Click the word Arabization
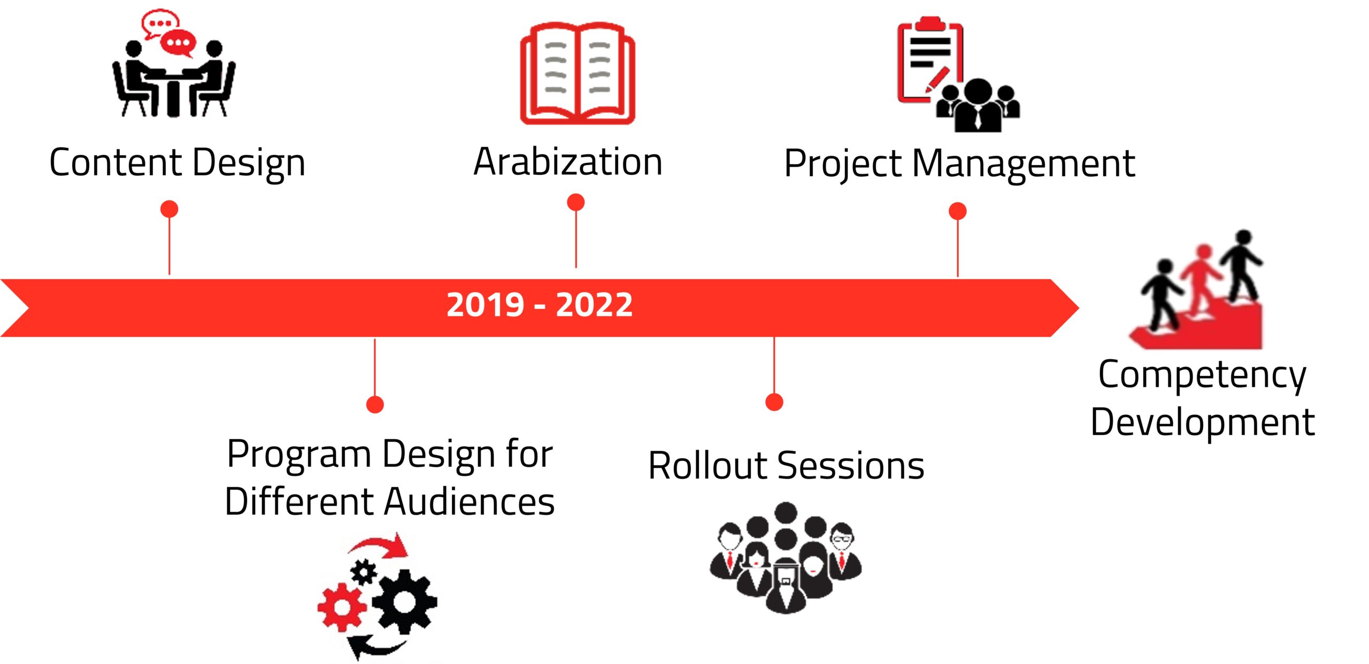pos(568,161)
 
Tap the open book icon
pos(578,74)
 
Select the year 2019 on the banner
pos(485,305)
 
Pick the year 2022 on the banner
pos(594,305)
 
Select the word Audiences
pos(470,501)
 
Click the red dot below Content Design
pos(170,209)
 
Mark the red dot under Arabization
pos(576,202)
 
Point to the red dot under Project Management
pos(958,211)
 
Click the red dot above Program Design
pos(375,404)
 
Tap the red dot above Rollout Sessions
pos(774,402)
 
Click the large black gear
pos(404,601)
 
